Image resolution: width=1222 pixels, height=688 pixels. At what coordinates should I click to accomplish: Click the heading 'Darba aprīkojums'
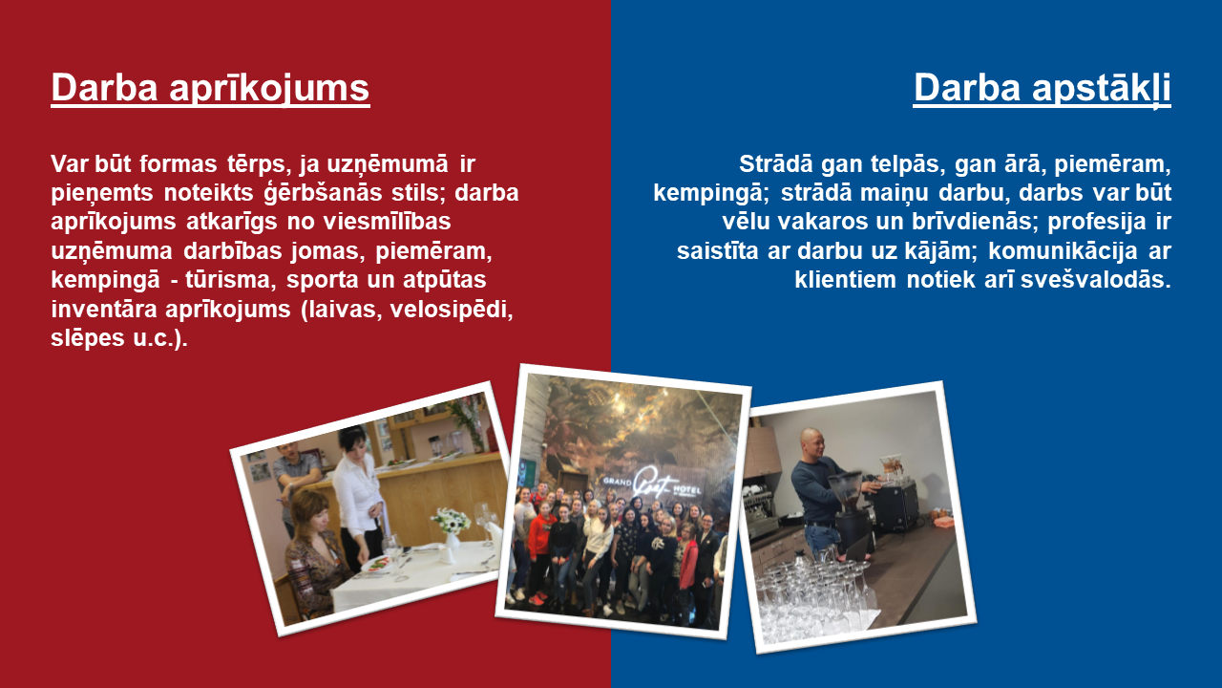pyautogui.click(x=211, y=88)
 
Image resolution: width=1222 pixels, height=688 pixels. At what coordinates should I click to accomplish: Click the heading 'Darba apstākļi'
pyautogui.click(x=1042, y=88)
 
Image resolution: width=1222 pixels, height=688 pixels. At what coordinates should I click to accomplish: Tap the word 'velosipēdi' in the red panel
pyautogui.click(x=452, y=309)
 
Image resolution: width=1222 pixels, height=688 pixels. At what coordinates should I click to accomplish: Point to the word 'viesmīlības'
pyautogui.click(x=387, y=222)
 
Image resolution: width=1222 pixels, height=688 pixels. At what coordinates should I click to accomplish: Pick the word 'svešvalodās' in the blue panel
pyautogui.click(x=1095, y=280)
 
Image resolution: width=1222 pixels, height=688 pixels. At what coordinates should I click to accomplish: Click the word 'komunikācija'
pyautogui.click(x=1063, y=251)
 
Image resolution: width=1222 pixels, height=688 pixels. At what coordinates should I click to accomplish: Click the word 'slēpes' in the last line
pyautogui.click(x=88, y=338)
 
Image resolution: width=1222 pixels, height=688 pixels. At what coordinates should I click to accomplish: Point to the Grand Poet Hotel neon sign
pyautogui.click(x=652, y=484)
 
